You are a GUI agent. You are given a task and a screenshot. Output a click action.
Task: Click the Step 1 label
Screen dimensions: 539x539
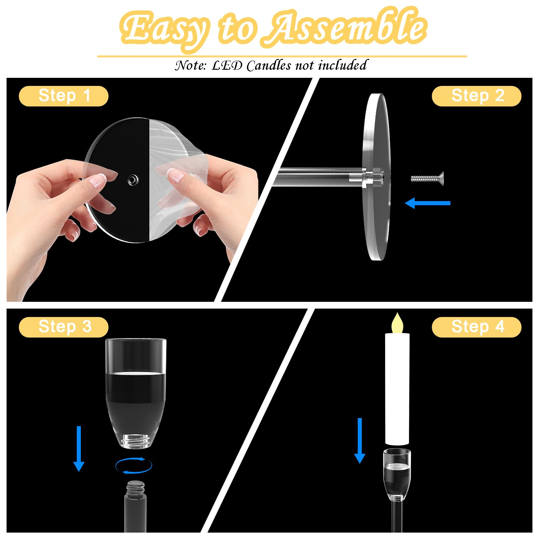click(64, 96)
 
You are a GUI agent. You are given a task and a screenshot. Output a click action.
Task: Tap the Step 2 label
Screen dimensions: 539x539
click(477, 96)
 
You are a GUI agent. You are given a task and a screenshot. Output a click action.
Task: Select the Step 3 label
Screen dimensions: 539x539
click(64, 327)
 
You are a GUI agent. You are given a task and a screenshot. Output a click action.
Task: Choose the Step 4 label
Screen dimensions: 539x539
click(477, 327)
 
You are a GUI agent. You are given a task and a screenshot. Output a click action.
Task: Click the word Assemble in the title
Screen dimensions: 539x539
click(344, 29)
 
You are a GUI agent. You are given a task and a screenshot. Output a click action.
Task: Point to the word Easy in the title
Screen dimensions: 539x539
click(165, 30)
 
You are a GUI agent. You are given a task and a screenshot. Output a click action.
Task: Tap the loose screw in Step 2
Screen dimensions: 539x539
click(427, 177)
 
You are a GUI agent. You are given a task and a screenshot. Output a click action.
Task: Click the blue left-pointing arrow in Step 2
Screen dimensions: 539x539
click(427, 203)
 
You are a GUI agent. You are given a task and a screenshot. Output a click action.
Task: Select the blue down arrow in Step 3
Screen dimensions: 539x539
click(79, 449)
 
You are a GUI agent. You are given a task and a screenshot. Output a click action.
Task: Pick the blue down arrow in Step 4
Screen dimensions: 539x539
click(360, 441)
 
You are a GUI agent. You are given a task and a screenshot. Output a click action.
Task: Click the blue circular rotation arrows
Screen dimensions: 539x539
click(134, 466)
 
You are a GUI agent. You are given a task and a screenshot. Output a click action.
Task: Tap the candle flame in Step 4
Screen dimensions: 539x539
click(397, 323)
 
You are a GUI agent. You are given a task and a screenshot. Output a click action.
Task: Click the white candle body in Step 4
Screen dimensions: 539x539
click(397, 389)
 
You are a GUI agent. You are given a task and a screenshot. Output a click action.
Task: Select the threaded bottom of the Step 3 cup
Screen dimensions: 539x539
click(135, 441)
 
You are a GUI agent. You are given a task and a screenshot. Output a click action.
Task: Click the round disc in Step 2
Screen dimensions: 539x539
click(377, 177)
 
